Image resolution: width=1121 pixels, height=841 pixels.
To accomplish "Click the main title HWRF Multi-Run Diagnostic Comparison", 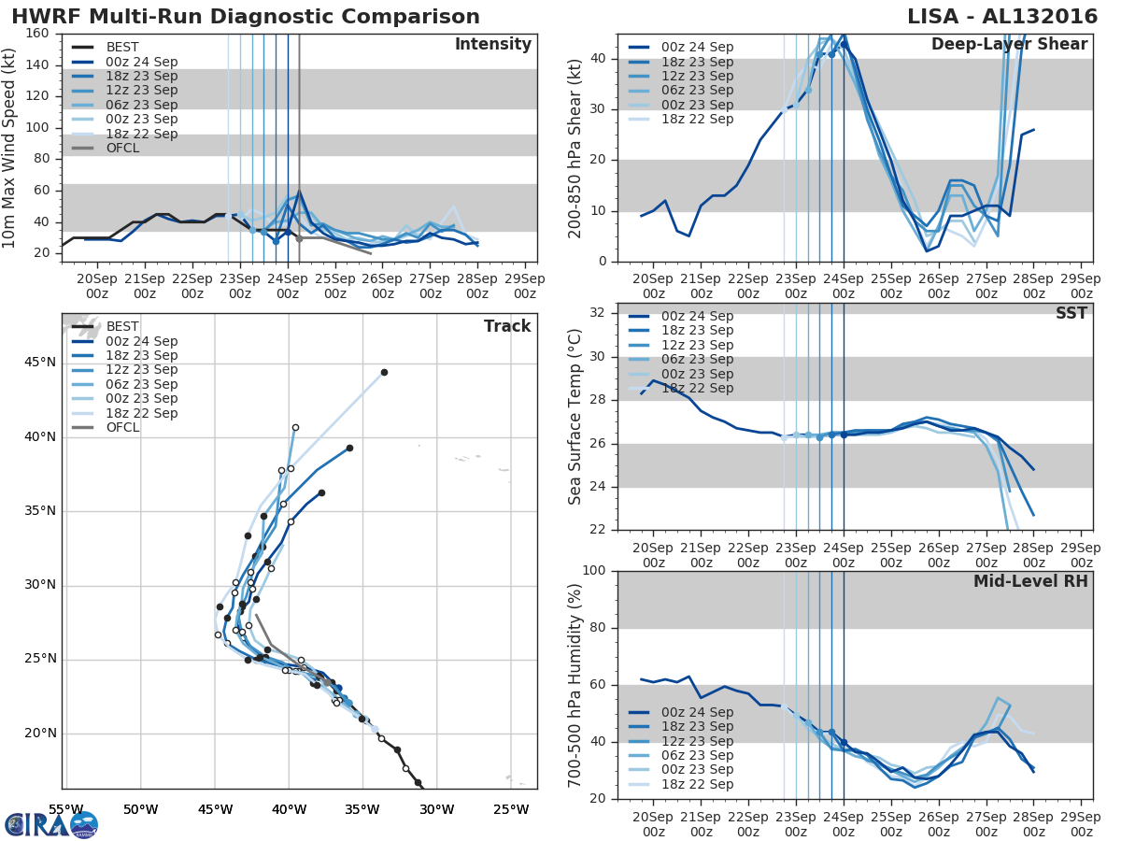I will click(246, 17).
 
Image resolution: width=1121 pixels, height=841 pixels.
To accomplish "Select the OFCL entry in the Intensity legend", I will click(122, 148).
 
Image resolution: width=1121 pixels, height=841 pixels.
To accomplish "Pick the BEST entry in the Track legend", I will click(122, 326).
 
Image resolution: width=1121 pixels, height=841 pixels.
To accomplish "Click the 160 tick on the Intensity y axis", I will click(38, 35).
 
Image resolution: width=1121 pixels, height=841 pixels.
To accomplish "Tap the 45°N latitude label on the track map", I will click(39, 363).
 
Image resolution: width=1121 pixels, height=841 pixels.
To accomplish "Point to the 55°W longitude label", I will click(66, 808).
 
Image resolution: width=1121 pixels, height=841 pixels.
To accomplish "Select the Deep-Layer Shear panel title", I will click(1009, 45).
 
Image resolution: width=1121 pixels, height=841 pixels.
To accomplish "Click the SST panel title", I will click(1071, 313).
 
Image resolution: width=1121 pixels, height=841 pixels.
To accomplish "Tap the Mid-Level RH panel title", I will click(1030, 581).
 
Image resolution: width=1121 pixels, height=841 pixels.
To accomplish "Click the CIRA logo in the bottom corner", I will click(51, 824).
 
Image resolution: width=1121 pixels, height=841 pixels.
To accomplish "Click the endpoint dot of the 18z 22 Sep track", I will click(384, 372).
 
